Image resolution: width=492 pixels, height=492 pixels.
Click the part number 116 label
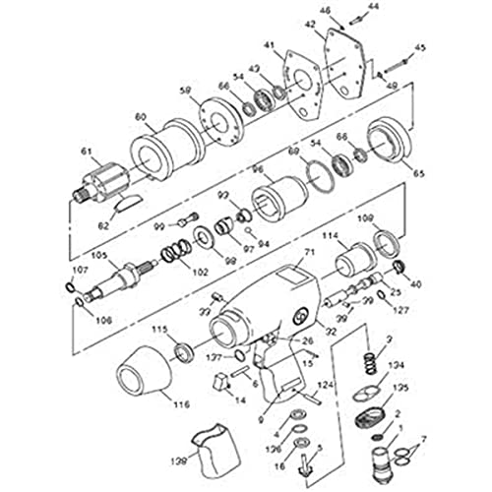180,404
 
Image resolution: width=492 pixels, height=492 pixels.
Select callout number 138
177,460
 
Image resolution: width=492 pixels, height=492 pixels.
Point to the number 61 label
86,152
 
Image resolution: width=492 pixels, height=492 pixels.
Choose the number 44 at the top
345,7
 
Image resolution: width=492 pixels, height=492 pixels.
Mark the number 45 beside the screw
421,47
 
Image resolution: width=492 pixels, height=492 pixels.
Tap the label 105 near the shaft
98,254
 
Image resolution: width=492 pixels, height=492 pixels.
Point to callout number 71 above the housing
307,253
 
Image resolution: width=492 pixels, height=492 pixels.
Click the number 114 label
331,235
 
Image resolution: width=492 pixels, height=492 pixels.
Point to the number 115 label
156,329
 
